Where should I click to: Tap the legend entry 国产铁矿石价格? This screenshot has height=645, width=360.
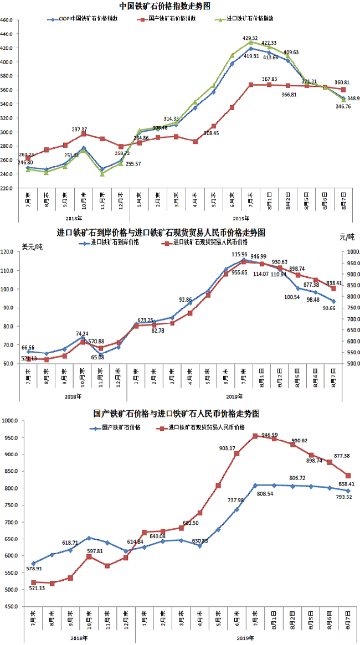pos(121,427)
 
